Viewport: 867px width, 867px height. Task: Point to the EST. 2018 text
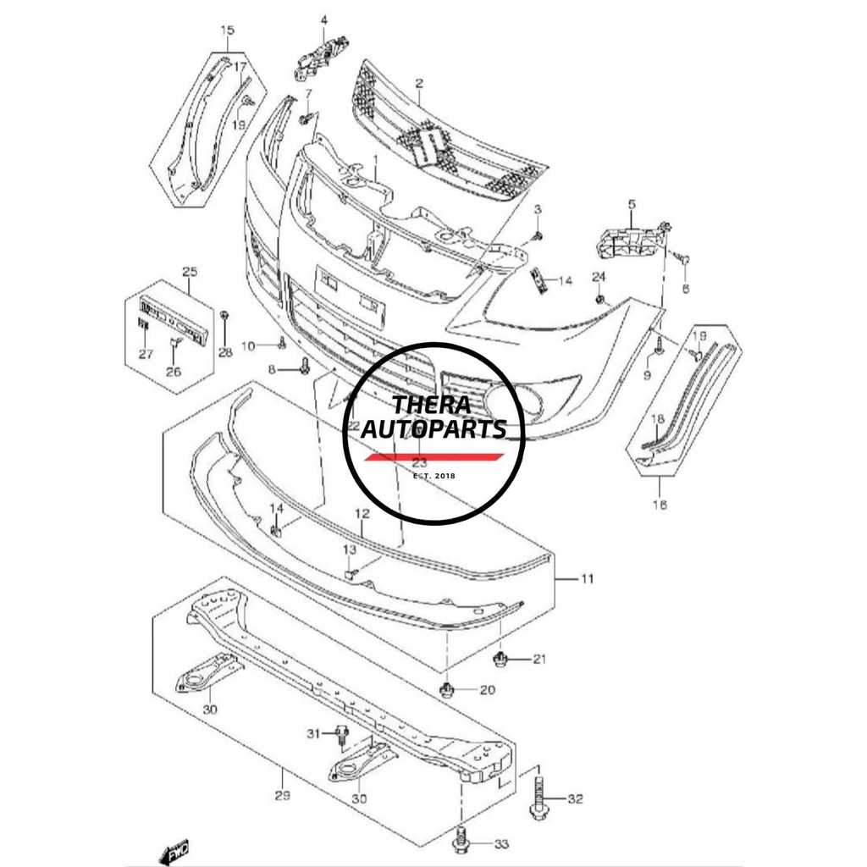click(434, 477)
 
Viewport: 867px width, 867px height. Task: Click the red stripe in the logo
click(434, 457)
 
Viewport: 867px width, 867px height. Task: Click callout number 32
click(576, 798)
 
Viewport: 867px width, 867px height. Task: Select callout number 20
click(487, 690)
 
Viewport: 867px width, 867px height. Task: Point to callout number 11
click(587, 579)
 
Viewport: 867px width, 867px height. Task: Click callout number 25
click(190, 272)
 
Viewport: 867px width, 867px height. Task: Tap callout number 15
click(227, 31)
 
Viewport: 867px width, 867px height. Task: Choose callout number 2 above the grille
click(418, 83)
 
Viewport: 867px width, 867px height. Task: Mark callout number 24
click(599, 277)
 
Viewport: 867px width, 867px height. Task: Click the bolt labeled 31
click(342, 734)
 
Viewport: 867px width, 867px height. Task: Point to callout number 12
click(362, 514)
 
